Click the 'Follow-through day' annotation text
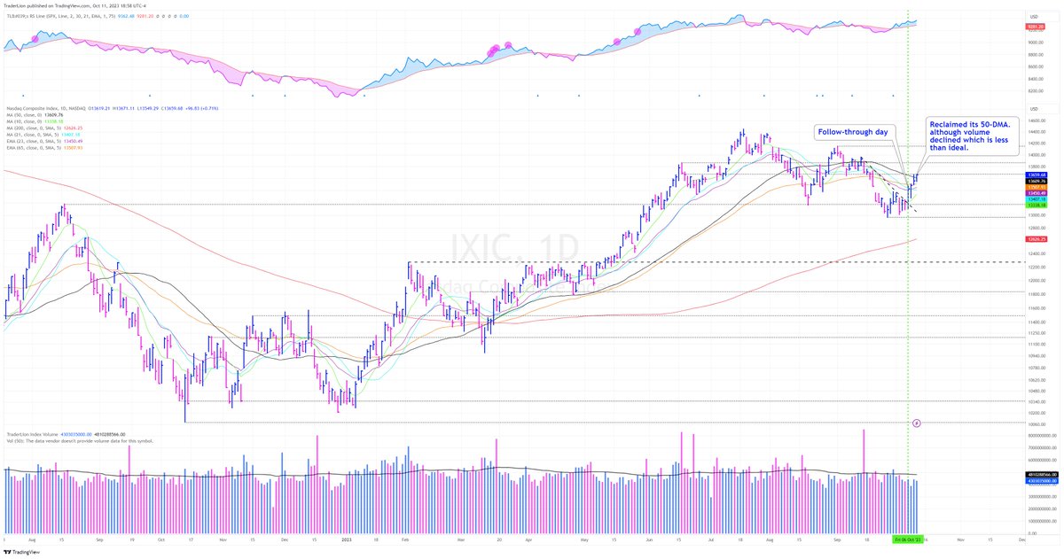click(x=852, y=132)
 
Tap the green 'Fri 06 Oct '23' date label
click(x=909, y=539)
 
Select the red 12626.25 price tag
click(x=1035, y=239)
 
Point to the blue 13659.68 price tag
click(x=1035, y=175)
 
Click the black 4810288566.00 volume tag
click(x=1036, y=475)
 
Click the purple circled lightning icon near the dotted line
click(x=917, y=423)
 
